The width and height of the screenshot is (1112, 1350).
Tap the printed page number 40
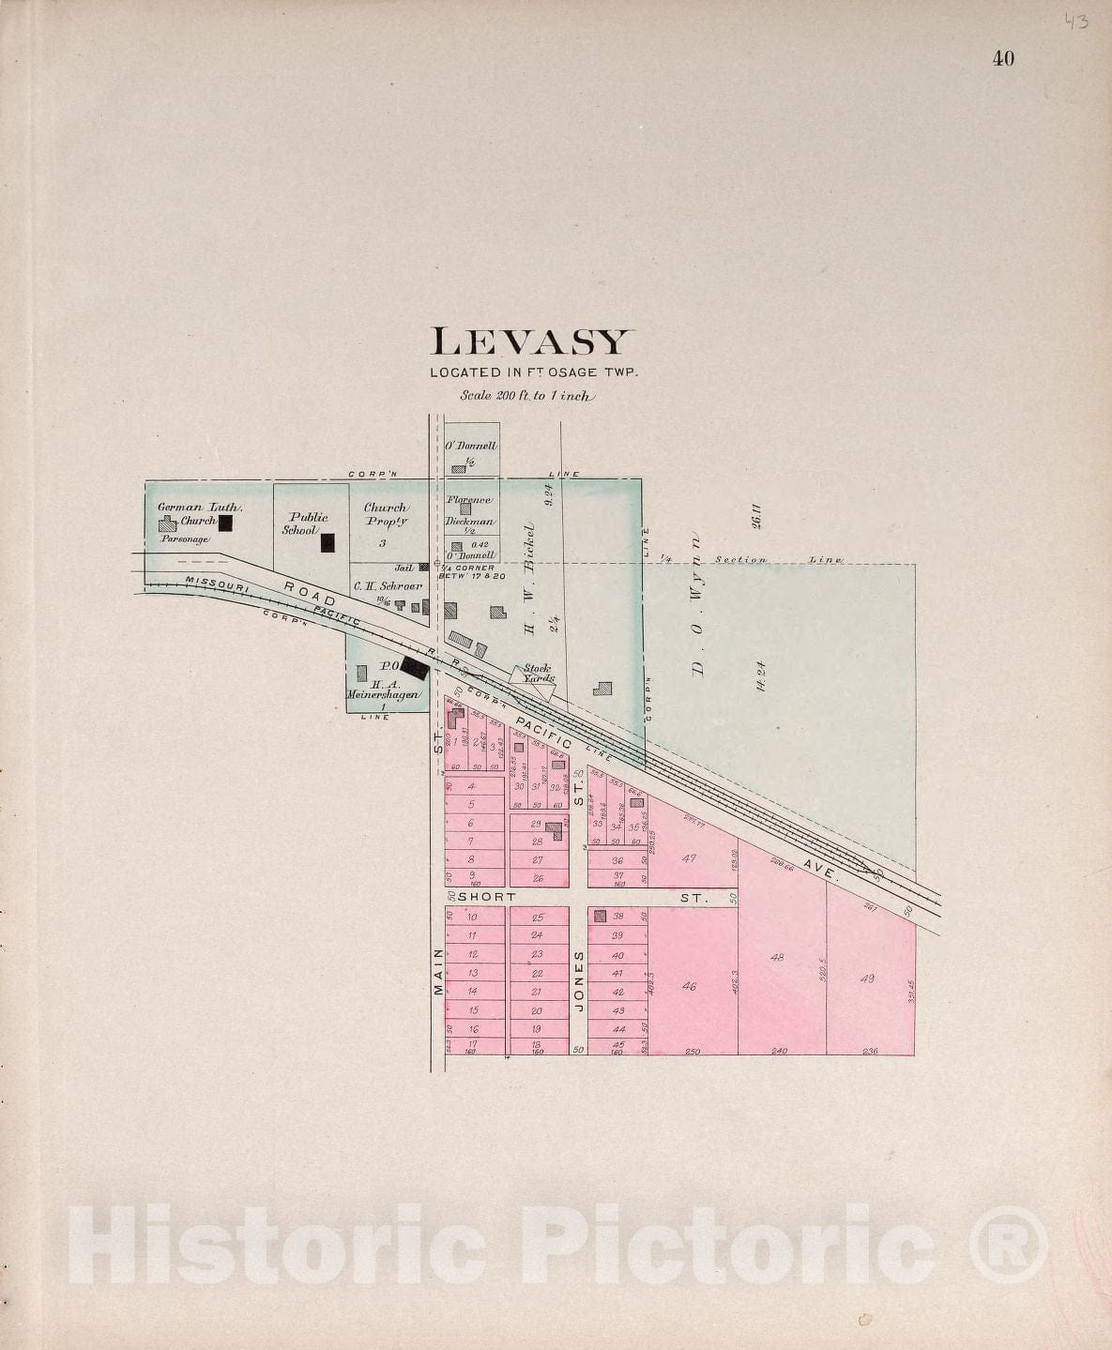pyautogui.click(x=1002, y=58)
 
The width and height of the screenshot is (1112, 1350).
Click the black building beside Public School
pyautogui.click(x=328, y=541)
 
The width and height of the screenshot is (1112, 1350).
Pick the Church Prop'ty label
pyautogui.click(x=385, y=514)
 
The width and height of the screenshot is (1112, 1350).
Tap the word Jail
pyautogui.click(x=404, y=568)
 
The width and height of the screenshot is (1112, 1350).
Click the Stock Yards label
pyautogui.click(x=539, y=674)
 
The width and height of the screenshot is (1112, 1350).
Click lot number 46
pyautogui.click(x=690, y=986)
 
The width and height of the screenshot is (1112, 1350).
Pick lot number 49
pyautogui.click(x=867, y=978)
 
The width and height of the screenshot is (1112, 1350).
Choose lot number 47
pyautogui.click(x=690, y=858)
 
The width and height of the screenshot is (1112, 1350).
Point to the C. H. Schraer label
pyautogui.click(x=388, y=585)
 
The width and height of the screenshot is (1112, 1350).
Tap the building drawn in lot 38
pyautogui.click(x=601, y=916)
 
